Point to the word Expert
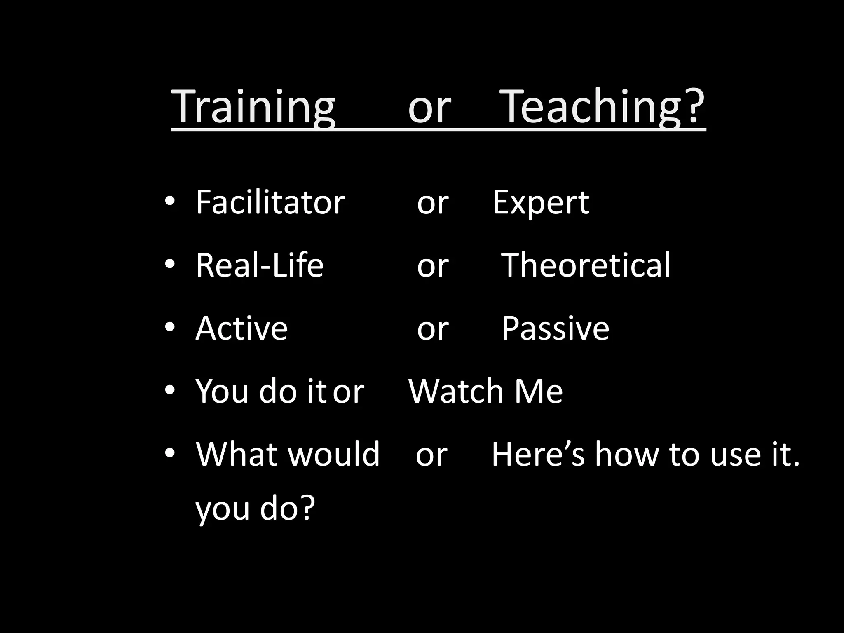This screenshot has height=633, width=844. coord(541,203)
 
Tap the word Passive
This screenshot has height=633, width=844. coord(555,328)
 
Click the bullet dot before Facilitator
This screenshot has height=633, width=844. coord(169,202)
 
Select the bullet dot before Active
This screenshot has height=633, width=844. coord(169,327)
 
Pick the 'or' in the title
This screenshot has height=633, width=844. coord(429,108)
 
